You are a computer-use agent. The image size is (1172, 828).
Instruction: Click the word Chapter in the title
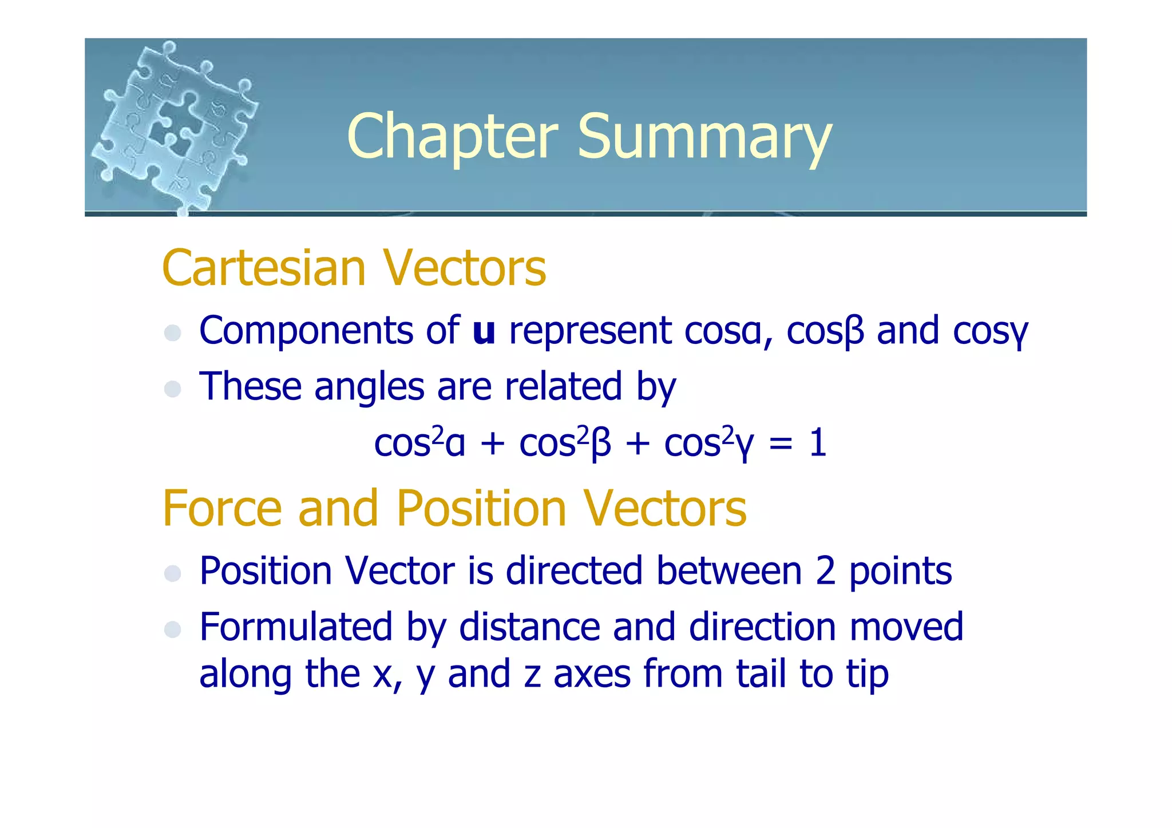click(x=452, y=137)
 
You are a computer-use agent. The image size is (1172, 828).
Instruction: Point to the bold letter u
click(x=484, y=331)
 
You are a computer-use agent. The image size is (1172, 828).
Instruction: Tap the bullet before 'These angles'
click(x=172, y=389)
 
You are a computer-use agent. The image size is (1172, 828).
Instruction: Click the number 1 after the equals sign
click(x=818, y=443)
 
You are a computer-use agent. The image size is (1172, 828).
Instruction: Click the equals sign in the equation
click(x=781, y=444)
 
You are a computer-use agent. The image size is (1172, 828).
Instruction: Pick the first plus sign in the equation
click(x=492, y=444)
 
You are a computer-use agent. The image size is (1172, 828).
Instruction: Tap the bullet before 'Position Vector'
click(x=172, y=573)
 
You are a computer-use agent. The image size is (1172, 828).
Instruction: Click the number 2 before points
click(x=826, y=571)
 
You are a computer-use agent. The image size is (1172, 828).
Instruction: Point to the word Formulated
click(x=296, y=627)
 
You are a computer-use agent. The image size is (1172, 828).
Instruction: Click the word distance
click(x=529, y=627)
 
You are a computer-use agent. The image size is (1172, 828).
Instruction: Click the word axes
click(x=592, y=674)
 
